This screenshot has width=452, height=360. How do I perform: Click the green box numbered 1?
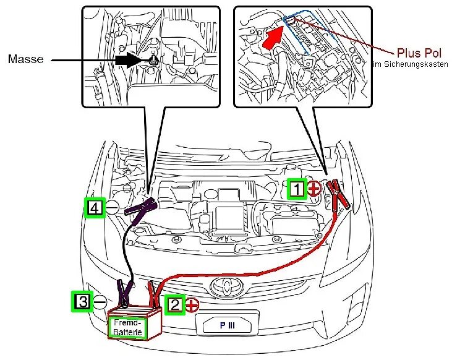297,189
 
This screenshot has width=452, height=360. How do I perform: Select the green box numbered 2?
175,304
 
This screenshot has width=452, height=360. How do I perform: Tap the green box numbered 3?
82,301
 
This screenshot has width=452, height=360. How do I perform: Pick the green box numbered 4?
94,208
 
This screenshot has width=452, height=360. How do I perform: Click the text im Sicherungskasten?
410,64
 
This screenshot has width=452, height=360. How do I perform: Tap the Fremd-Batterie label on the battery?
128,327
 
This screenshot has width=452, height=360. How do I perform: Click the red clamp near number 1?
337,195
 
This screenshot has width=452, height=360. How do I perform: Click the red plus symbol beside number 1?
314,189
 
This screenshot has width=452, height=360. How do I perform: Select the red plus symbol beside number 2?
192,304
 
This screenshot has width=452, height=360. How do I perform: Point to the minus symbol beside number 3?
100,301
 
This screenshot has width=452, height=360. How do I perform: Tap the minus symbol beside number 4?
112,208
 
